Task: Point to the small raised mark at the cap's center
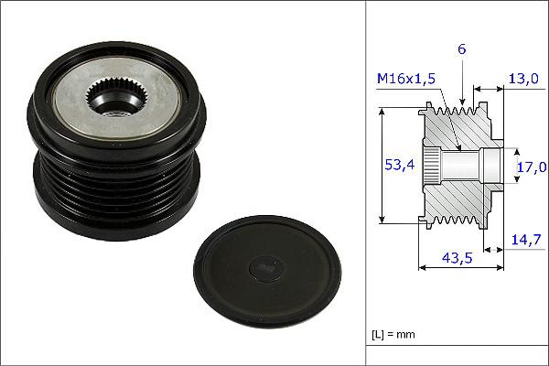click(264, 267)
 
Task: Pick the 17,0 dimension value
click(532, 167)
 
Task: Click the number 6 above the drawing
click(462, 51)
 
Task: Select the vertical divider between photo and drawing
click(366, 183)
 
